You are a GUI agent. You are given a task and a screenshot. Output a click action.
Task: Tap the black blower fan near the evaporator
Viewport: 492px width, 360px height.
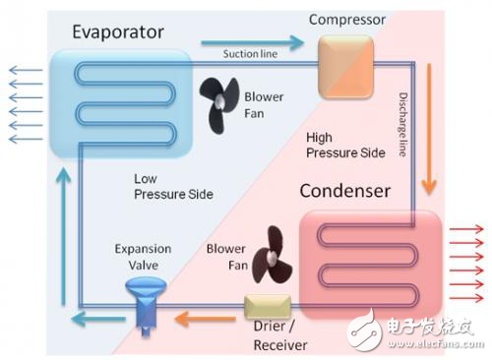point(218,96)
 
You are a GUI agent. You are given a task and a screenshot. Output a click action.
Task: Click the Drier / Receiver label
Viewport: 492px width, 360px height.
point(280,337)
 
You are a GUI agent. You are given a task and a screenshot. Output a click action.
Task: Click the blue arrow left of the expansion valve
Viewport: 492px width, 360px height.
point(93,317)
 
